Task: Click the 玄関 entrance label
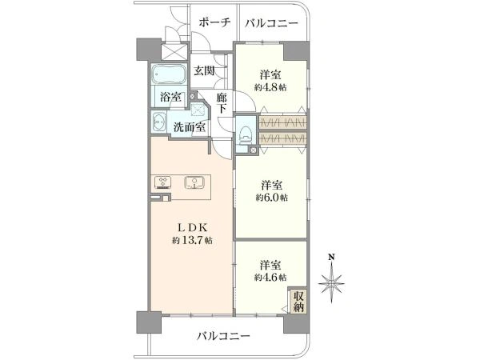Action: pyautogui.click(x=204, y=71)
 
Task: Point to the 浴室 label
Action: pyautogui.click(x=170, y=98)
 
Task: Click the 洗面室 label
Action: pyautogui.click(x=190, y=126)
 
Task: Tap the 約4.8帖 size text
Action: pyautogui.click(x=271, y=86)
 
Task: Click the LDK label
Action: pyautogui.click(x=190, y=225)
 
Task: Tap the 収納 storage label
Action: pyautogui.click(x=298, y=302)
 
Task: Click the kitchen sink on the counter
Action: pyautogui.click(x=194, y=183)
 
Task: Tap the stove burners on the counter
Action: pyautogui.click(x=162, y=183)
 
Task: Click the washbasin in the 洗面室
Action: pyautogui.click(x=159, y=124)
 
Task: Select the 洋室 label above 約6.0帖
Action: pyautogui.click(x=271, y=182)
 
